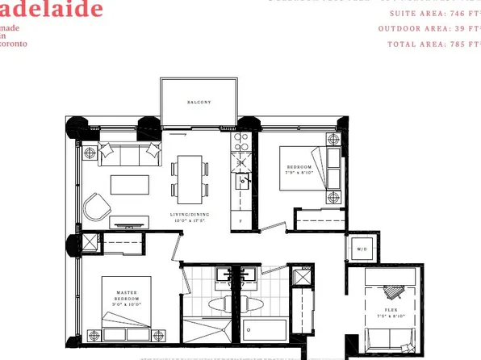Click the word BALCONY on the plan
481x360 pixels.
pyautogui.click(x=199, y=103)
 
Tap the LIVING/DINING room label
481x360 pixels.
pyautogui.click(x=191, y=216)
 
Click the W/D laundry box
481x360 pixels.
pyautogui.click(x=360, y=249)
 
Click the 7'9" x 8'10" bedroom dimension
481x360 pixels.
pyautogui.click(x=299, y=172)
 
